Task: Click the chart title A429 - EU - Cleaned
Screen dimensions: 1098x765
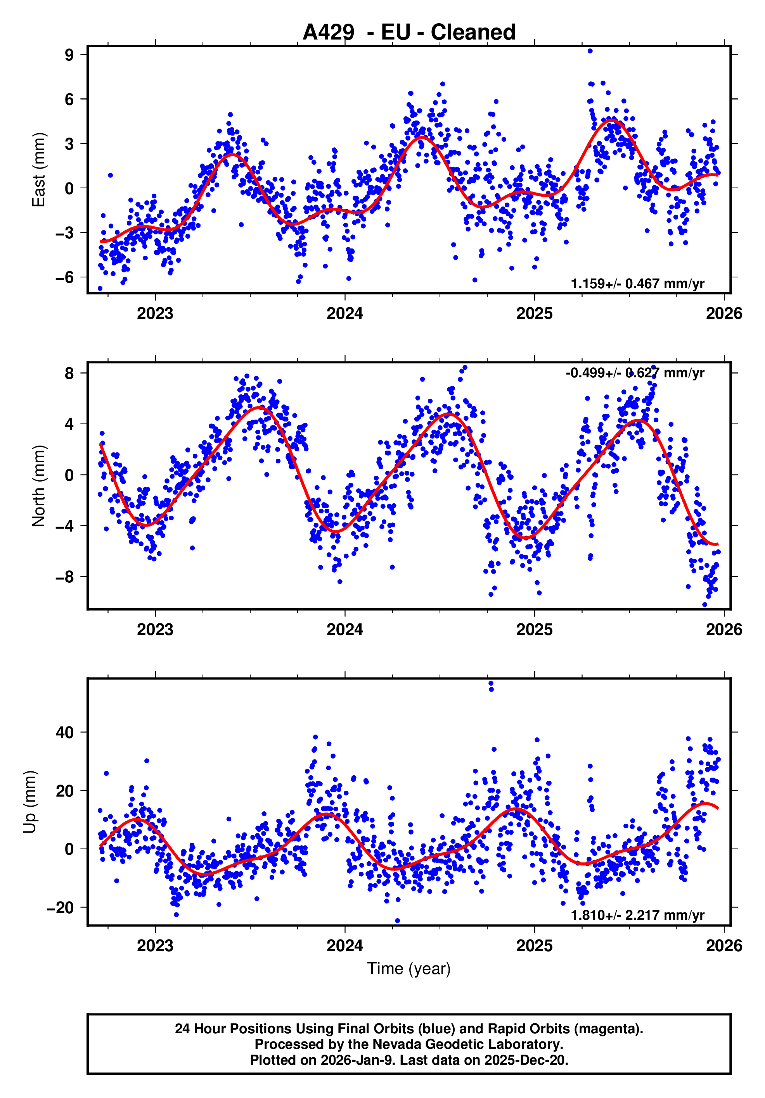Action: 409,33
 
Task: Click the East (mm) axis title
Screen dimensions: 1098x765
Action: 38,170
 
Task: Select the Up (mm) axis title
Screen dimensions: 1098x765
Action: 30,802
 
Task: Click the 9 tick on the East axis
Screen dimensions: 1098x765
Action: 69,55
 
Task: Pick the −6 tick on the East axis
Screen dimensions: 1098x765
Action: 65,277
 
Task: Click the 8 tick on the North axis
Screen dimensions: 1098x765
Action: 69,373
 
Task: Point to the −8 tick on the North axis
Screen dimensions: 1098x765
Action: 65,577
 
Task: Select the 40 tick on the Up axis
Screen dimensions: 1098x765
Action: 65,732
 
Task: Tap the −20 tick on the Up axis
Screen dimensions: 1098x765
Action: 60,907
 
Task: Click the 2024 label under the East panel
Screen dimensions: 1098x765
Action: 345,314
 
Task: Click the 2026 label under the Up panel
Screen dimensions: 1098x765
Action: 724,945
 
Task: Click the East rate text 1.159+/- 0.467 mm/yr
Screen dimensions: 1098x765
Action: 637,284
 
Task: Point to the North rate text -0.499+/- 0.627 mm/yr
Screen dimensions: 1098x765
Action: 635,373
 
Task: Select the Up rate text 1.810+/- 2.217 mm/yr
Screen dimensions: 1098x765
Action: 637,915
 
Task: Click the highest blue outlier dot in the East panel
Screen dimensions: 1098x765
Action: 590,51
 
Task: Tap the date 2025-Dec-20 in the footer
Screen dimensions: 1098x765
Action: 526,1060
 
